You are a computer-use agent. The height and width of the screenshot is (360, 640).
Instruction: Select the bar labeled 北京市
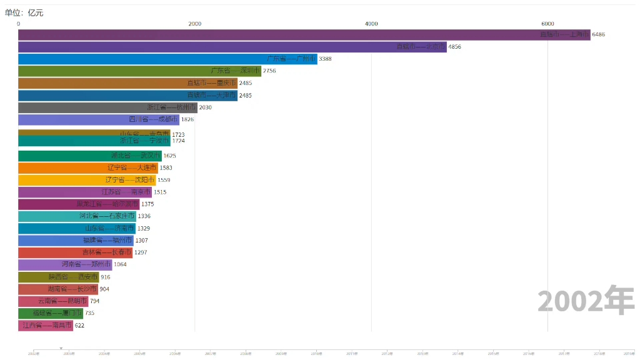(232, 47)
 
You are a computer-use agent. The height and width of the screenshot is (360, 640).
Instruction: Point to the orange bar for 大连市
(88, 167)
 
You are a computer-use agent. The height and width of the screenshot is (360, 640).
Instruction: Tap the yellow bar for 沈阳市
(87, 180)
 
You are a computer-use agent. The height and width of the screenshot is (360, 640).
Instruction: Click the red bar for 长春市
(75, 252)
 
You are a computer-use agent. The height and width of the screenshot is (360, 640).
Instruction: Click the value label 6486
(598, 35)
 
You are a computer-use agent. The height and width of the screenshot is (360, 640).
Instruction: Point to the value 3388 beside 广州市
(325, 59)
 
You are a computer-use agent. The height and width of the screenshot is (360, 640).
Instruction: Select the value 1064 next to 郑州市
(120, 264)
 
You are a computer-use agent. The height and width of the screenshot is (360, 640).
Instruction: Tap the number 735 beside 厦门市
(89, 313)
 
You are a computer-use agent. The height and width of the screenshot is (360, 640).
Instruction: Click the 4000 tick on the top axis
(371, 24)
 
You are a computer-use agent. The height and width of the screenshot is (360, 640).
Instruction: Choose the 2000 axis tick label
(194, 24)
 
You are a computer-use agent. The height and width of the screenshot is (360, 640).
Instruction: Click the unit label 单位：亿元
(24, 12)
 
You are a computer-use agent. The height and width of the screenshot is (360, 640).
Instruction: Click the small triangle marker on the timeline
(61, 348)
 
